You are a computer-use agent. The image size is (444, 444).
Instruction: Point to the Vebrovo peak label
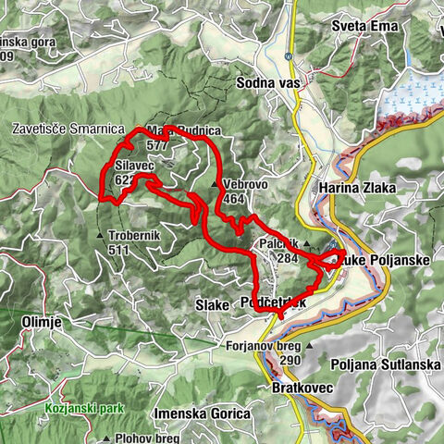click(246, 185)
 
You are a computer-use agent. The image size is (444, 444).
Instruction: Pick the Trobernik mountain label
click(142, 236)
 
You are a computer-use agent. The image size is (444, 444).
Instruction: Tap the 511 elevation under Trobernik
click(118, 250)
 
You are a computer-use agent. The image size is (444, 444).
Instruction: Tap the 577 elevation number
click(156, 144)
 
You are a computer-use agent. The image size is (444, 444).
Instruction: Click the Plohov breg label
click(147, 438)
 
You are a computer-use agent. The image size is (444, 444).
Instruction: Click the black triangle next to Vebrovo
click(216, 185)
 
